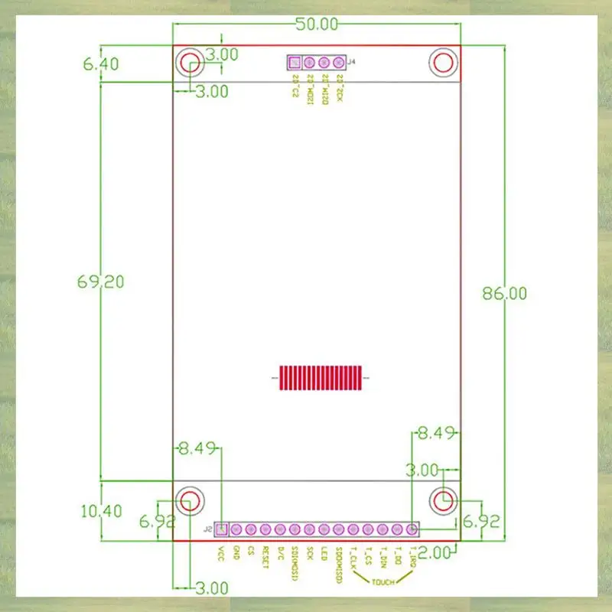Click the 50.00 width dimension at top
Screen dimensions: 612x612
(x=317, y=24)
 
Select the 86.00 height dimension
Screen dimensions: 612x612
(x=504, y=293)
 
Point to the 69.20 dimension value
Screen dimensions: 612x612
(x=100, y=282)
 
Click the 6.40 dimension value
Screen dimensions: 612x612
(x=101, y=64)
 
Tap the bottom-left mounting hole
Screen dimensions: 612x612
(x=189, y=500)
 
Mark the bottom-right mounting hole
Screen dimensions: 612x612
(x=443, y=500)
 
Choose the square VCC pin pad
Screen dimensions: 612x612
(x=221, y=529)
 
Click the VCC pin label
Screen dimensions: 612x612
(x=221, y=553)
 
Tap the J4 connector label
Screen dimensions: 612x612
(x=351, y=63)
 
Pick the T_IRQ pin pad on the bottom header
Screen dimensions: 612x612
(x=412, y=529)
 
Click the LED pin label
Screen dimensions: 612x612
(x=324, y=553)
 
